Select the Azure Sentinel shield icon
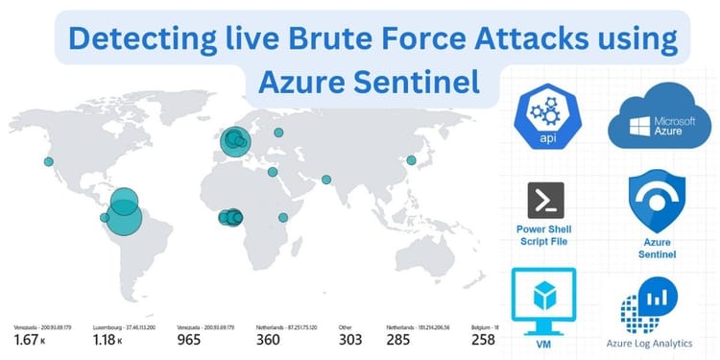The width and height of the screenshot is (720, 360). (656, 204)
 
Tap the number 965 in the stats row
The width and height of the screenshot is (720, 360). (192, 340)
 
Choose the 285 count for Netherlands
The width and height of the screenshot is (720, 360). (401, 340)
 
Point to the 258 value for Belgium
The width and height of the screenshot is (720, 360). (483, 340)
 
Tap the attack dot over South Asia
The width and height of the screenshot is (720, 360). (326, 180)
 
